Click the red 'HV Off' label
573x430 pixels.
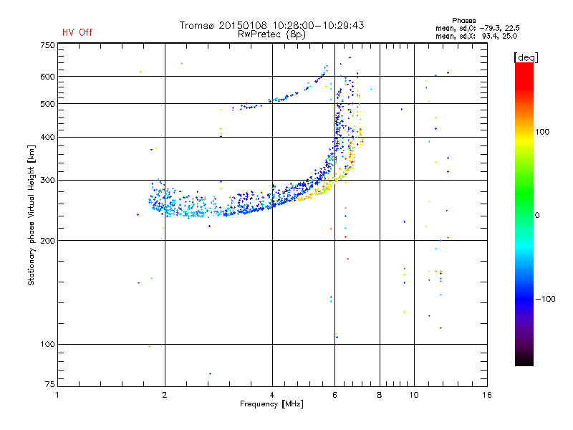click(x=77, y=32)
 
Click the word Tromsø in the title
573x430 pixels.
click(x=197, y=25)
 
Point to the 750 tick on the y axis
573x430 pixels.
click(x=47, y=45)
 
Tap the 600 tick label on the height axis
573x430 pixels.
click(x=47, y=77)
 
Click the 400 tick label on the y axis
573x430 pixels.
click(x=47, y=138)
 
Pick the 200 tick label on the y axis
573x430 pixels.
click(x=47, y=241)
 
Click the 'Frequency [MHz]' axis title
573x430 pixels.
click(x=271, y=404)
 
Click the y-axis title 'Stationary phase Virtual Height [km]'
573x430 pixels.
click(x=32, y=215)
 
